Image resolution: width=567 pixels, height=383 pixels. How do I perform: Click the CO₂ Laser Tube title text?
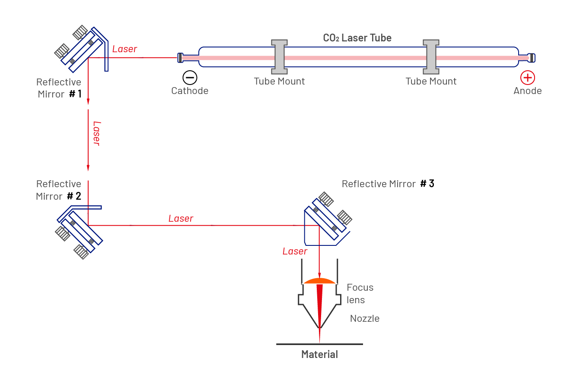357,38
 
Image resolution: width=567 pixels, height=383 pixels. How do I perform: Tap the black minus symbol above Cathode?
190,78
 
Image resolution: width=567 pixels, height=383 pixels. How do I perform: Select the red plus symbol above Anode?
527,78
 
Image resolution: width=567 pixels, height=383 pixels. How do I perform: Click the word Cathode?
190,91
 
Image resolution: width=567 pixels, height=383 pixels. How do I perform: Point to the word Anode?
527,91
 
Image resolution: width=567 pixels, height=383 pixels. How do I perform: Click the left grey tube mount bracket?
279,57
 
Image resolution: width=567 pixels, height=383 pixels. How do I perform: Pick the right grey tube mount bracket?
431,57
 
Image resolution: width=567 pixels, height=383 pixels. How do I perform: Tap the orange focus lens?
319,281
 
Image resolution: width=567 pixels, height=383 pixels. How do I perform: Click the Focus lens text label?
360,293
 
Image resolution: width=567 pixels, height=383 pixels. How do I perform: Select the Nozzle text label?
365,319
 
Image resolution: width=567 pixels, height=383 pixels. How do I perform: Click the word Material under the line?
319,355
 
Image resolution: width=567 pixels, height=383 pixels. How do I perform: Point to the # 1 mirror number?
75,94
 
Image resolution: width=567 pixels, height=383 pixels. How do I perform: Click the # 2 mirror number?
74,196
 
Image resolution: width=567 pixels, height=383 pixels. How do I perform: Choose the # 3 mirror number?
427,184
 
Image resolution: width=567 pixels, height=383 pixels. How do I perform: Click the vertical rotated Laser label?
96,133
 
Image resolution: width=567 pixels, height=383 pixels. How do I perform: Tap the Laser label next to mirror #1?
124,49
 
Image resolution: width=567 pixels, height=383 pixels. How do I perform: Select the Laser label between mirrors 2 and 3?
181,219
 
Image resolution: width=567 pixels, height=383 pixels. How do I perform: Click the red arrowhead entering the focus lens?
319,275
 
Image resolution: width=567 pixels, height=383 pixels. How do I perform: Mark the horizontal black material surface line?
319,344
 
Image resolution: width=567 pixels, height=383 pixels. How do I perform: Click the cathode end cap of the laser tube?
180,57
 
